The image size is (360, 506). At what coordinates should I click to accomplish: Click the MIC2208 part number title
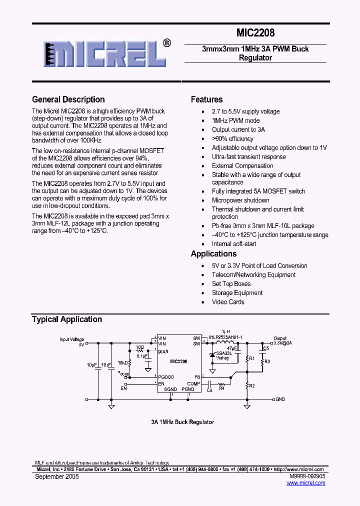(x=255, y=33)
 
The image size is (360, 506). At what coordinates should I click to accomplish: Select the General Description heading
(x=68, y=99)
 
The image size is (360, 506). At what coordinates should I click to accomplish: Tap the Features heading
(x=206, y=99)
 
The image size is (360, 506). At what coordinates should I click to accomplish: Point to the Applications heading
(x=213, y=254)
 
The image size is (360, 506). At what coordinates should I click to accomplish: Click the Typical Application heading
(x=67, y=319)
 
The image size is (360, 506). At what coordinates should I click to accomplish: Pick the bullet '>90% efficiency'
(x=232, y=138)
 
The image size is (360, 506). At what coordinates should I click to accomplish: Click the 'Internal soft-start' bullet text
(x=234, y=243)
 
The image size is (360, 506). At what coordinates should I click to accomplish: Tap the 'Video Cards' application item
(x=228, y=301)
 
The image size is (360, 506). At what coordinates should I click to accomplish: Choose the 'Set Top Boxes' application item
(x=231, y=283)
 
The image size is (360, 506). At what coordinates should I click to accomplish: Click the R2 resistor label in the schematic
(x=252, y=385)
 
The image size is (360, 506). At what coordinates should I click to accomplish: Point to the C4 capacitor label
(x=209, y=390)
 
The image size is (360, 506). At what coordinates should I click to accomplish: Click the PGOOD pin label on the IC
(x=166, y=376)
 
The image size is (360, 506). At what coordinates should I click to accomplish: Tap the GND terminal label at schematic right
(x=280, y=399)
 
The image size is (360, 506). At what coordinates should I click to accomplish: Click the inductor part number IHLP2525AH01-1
(x=225, y=337)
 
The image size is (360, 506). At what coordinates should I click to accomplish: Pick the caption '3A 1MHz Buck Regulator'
(x=182, y=422)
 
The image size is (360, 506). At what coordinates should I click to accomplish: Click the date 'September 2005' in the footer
(x=57, y=476)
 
